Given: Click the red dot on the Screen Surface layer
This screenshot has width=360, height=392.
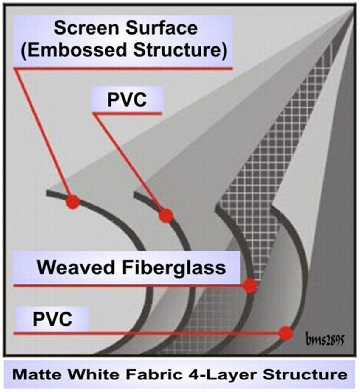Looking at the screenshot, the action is (73, 201).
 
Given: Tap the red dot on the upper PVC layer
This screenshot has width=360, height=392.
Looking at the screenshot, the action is (166, 215).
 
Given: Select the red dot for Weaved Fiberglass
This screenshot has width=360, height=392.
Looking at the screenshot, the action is (250, 286).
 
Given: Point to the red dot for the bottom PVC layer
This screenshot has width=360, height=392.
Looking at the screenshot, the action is (286, 333).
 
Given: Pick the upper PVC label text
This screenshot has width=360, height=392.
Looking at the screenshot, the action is (127, 99).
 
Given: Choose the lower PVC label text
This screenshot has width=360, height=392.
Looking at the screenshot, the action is (52, 319).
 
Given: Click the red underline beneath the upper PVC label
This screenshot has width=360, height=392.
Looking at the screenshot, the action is (127, 113).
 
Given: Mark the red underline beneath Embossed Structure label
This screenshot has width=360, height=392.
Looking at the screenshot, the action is (123, 68).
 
